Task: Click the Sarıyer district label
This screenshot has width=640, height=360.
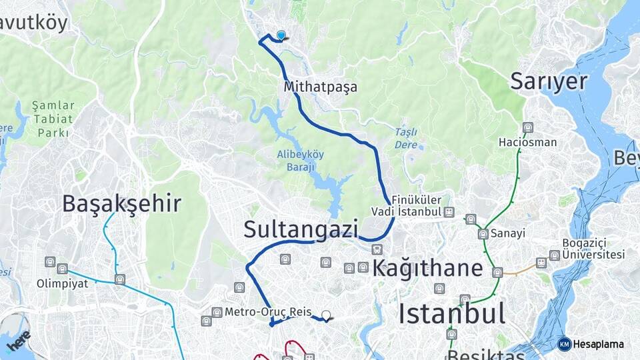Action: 549,81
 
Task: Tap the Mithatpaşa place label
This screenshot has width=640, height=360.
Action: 320,87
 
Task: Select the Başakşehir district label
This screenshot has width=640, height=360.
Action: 121,203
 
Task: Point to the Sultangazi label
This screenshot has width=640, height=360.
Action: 301,229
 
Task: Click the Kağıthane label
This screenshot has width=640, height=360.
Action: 427,268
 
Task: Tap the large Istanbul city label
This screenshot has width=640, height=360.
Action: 451,313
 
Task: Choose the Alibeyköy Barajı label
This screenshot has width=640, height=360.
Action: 301,161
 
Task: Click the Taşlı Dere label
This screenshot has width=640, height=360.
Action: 405,138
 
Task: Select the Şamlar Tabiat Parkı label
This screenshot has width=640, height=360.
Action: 50,119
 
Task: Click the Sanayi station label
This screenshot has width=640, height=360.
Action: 508,233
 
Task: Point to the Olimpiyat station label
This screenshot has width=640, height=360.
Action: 62,283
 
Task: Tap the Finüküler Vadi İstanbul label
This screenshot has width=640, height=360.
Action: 417,206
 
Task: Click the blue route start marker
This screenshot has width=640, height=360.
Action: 281,35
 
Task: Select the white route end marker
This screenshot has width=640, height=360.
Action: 326,315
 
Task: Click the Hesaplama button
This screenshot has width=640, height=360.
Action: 591,344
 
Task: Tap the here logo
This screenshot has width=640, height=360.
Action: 18,341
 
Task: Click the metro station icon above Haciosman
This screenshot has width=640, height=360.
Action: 528,127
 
